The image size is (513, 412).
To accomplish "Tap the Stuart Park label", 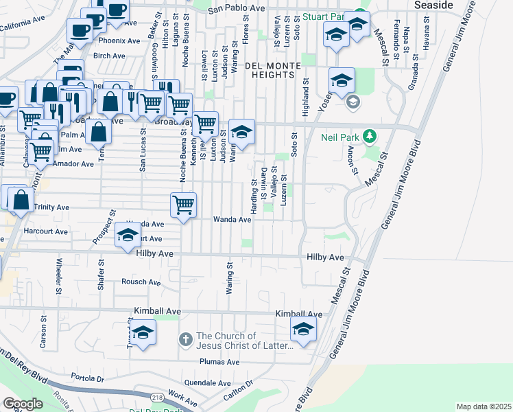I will pos(322,16).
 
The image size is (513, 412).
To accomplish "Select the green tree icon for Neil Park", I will pos(370,136).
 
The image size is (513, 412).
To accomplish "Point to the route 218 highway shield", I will pos(157,398).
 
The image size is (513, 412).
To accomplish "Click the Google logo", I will pos(23,404).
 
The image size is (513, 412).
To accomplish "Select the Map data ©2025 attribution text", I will pos(483,407).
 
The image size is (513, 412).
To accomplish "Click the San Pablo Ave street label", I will pos(236,9).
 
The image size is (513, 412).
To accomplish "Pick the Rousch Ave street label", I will pos(141,282).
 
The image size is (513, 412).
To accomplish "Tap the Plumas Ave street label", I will pos(219,362).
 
